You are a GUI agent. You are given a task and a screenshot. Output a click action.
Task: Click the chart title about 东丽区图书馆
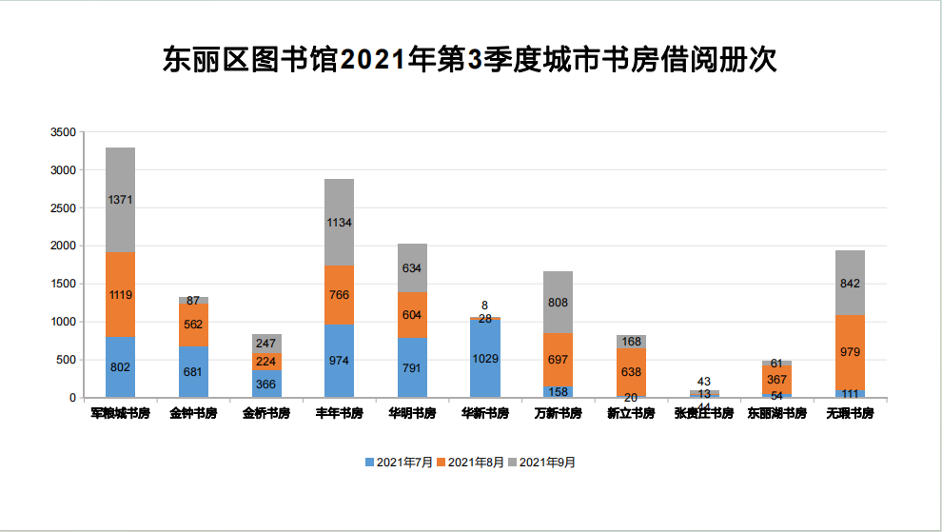click(470, 59)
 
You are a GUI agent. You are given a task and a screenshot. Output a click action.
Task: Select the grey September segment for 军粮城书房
click(120, 200)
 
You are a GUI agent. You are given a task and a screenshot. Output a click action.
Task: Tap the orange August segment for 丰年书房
click(339, 295)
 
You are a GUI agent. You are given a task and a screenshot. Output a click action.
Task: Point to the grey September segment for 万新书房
click(558, 302)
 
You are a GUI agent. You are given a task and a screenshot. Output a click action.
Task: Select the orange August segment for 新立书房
click(630, 371)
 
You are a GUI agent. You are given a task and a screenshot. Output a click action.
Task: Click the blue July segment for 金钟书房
click(193, 371)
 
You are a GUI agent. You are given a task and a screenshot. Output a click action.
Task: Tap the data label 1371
click(120, 200)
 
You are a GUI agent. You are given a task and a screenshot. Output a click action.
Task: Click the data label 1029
click(484, 359)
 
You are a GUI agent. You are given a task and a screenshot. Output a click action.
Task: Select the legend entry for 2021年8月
click(471, 463)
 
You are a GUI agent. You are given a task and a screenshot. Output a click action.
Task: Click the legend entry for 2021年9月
click(542, 463)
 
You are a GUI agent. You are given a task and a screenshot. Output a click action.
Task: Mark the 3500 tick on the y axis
click(63, 132)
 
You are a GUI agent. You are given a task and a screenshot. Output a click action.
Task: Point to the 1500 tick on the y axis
click(63, 284)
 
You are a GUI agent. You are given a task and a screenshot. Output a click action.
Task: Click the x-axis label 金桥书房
click(265, 414)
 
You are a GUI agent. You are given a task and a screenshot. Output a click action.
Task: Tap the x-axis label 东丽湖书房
click(776, 414)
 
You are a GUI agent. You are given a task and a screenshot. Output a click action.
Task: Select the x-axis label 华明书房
click(412, 414)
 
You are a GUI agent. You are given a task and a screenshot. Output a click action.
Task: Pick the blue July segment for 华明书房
click(412, 367)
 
